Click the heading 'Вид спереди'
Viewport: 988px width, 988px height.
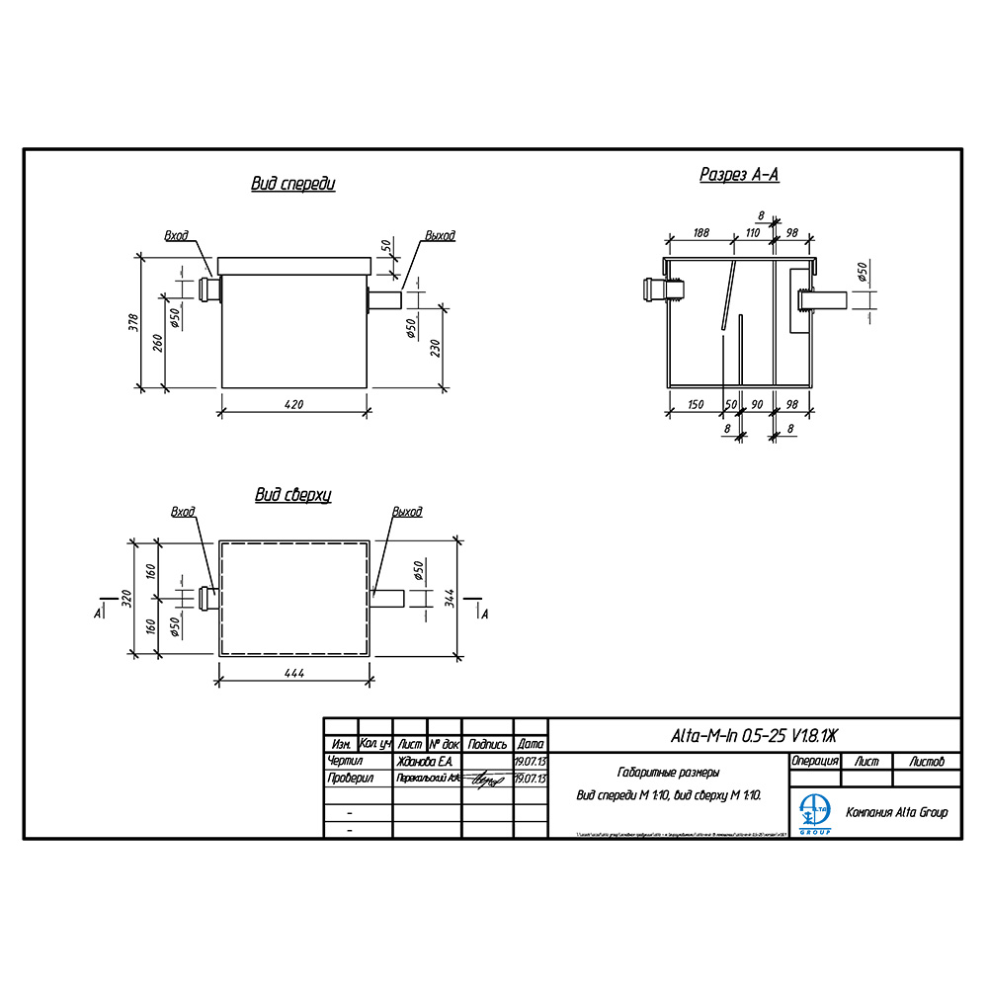(293, 185)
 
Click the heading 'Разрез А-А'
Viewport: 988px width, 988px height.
(739, 175)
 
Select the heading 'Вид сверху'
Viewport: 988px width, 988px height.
(292, 495)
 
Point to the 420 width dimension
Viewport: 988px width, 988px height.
(293, 404)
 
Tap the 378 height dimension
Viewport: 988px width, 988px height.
(134, 322)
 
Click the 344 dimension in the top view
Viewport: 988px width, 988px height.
(450, 598)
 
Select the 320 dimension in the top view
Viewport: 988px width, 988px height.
(126, 598)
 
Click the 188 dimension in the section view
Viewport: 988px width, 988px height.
(701, 232)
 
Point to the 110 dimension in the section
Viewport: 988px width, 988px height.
(752, 232)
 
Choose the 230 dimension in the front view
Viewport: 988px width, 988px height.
(436, 348)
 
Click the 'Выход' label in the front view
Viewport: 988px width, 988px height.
(440, 236)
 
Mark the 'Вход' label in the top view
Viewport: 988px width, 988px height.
(183, 512)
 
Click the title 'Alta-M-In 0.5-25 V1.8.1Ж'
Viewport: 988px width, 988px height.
(753, 735)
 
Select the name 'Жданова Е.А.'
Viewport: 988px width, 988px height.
(424, 762)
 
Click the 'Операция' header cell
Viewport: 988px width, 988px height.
(815, 762)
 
